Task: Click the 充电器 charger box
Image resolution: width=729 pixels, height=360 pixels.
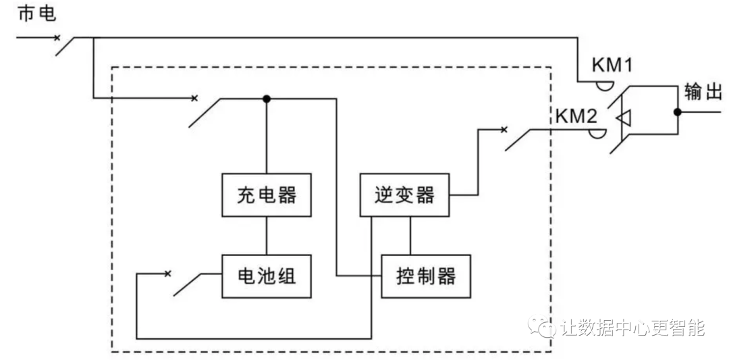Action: coord(267,195)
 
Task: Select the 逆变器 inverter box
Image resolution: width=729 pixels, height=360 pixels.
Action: coord(404,195)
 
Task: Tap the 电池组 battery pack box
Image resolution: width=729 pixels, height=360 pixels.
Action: coord(267,276)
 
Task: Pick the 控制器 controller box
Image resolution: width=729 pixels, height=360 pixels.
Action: coord(425,276)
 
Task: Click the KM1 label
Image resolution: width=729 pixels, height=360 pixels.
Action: coord(612,66)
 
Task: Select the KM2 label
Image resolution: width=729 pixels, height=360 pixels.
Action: coord(576,116)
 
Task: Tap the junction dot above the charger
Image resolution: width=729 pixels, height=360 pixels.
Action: coord(267,99)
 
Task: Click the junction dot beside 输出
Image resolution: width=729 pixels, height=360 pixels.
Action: coord(678,112)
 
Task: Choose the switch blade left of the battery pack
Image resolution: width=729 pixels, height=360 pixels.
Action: coord(189,284)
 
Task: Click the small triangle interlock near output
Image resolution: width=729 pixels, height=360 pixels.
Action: coord(624,118)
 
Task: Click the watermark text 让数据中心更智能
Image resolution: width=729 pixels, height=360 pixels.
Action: coord(632,328)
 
